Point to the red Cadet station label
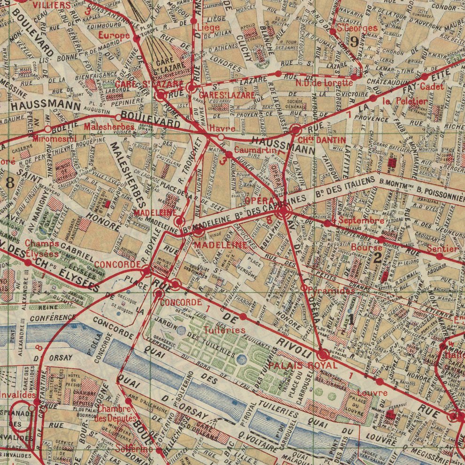pyautogui.click(x=432, y=87)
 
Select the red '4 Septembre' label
pyautogui.click(x=357, y=220)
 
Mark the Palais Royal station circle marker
pyautogui.click(x=323, y=355)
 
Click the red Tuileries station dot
pyautogui.click(x=243, y=317)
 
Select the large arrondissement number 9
pyautogui.click(x=355, y=41)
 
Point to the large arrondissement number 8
pyautogui.click(x=10, y=182)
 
